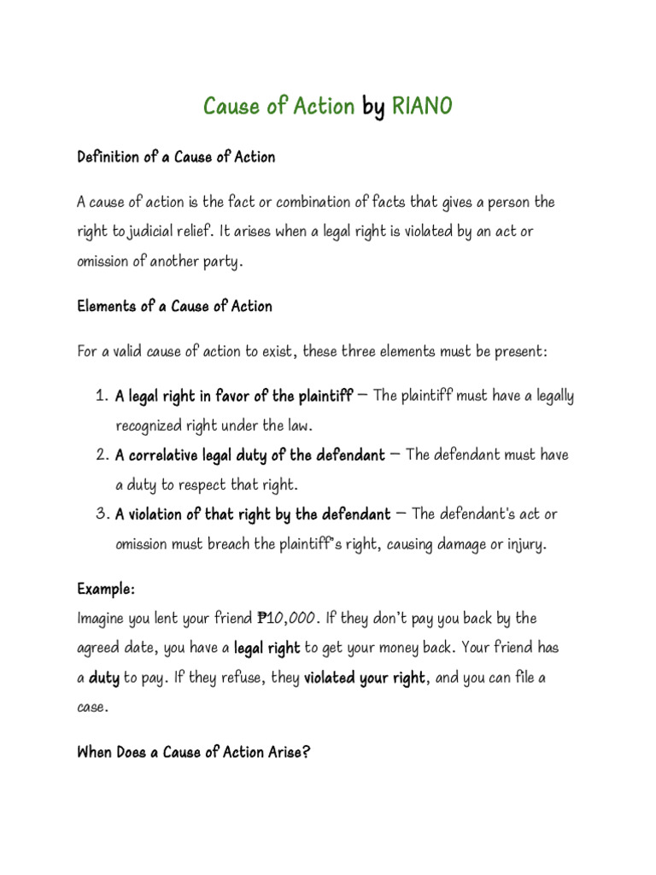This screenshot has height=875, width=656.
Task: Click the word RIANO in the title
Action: click(x=422, y=107)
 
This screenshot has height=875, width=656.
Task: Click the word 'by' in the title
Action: click(x=373, y=107)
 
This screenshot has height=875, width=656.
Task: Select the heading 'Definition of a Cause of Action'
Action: click(x=176, y=157)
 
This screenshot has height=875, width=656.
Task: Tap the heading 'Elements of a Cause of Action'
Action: click(x=174, y=306)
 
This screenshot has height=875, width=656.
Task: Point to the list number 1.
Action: click(x=100, y=396)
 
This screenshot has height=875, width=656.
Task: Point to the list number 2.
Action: click(x=100, y=455)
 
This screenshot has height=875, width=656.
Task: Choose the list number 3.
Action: click(x=100, y=514)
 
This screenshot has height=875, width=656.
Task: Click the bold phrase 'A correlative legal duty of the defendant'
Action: click(x=249, y=455)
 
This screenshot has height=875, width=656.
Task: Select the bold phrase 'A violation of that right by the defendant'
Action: click(x=253, y=514)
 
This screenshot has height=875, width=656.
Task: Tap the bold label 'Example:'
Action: click(x=106, y=590)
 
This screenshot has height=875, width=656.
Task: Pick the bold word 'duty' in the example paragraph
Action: click(x=105, y=678)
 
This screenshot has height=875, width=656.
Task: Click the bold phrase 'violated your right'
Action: click(x=365, y=678)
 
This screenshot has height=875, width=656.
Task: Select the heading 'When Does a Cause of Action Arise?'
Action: click(x=193, y=752)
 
